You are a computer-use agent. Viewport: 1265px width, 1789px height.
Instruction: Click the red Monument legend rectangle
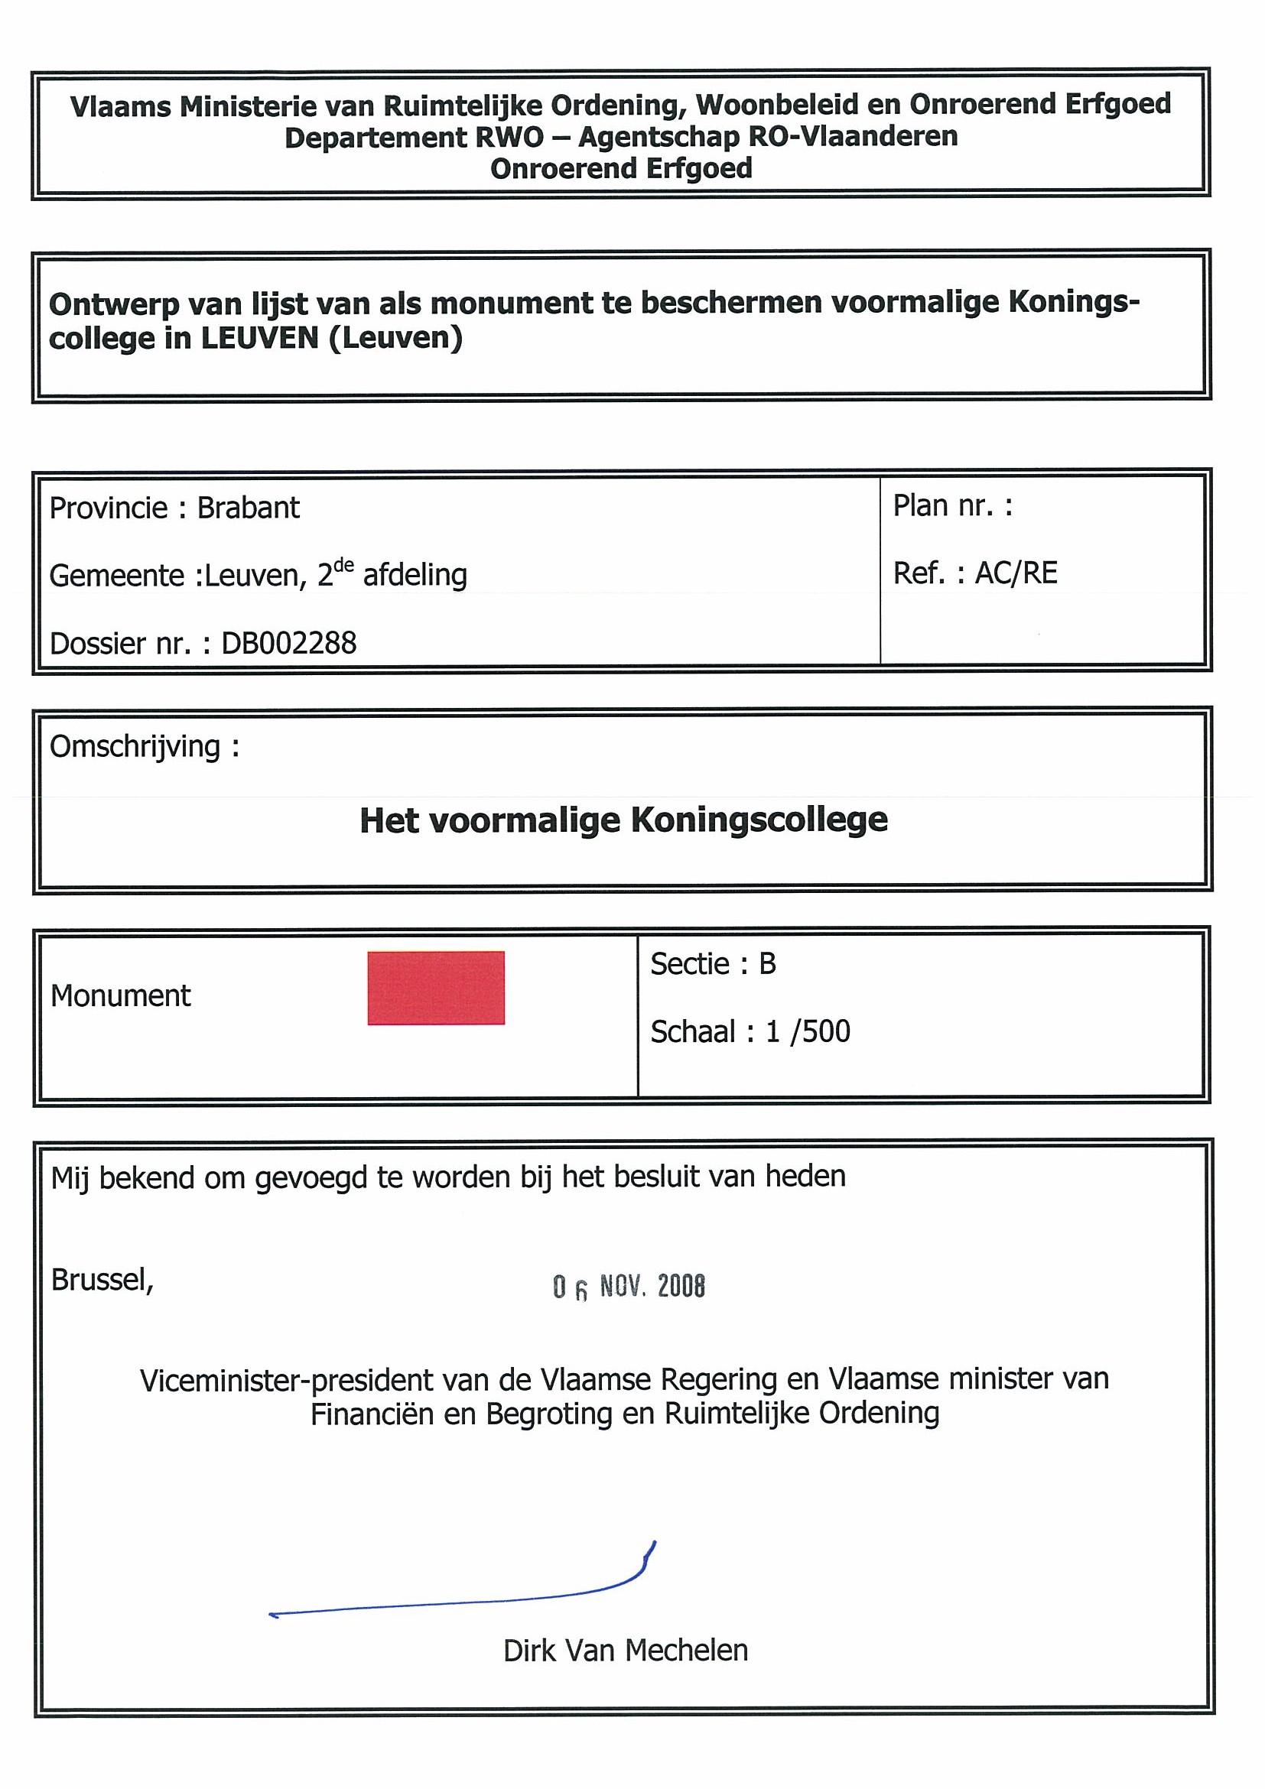(x=436, y=987)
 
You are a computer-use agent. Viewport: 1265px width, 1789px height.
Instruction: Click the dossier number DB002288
(x=289, y=644)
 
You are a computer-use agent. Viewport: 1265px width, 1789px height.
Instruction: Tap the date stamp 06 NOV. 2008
(x=628, y=1287)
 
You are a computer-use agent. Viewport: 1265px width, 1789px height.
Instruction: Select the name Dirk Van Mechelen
(x=625, y=1651)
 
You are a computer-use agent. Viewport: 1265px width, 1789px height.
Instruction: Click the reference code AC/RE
(x=1016, y=573)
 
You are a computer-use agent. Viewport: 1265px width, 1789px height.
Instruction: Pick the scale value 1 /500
(x=808, y=1031)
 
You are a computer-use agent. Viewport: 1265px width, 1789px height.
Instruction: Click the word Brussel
(x=101, y=1279)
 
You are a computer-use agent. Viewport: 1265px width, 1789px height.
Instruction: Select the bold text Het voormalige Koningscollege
(x=623, y=820)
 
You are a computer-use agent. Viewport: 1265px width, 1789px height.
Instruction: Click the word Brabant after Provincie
(x=248, y=508)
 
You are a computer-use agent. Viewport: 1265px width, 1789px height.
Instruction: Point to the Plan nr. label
(x=952, y=505)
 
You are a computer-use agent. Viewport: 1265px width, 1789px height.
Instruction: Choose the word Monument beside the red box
(x=121, y=995)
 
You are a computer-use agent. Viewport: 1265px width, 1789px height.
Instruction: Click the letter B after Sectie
(x=768, y=964)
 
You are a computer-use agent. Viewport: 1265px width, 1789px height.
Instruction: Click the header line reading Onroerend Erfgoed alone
(x=621, y=168)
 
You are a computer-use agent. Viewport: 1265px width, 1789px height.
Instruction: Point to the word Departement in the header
(x=375, y=138)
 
